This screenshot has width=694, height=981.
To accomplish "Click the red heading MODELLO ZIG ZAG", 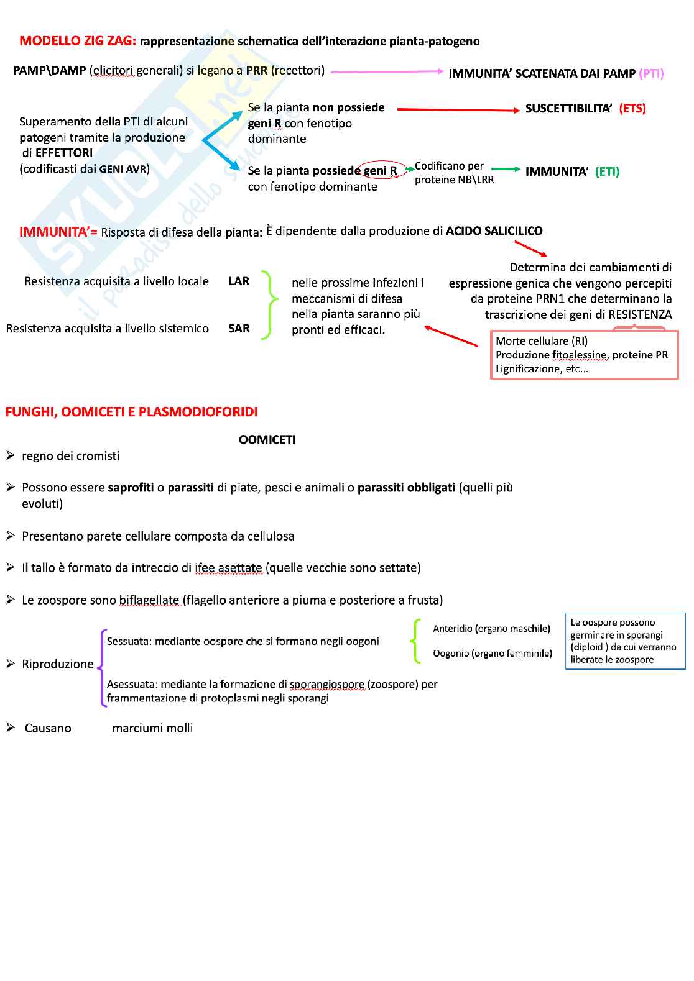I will (x=77, y=41).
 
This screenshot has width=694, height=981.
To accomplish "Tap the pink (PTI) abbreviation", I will (x=651, y=73).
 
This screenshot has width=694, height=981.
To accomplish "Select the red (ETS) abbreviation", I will (x=632, y=109).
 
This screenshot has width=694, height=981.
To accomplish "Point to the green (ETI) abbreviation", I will (x=607, y=171).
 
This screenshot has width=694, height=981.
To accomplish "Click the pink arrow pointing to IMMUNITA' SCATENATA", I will (x=387, y=72).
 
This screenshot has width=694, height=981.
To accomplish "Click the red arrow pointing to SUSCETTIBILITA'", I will (x=458, y=110).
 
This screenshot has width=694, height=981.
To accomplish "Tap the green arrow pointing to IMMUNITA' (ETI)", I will (x=506, y=169).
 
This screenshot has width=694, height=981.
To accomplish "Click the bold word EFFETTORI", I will (x=64, y=153).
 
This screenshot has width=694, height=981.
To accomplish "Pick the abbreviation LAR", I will (x=239, y=281).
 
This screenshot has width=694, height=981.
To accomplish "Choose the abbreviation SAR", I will (x=239, y=329).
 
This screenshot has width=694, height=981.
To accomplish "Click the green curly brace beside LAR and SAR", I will (x=269, y=304).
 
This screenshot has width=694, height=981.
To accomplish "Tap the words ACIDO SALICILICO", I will (x=494, y=231).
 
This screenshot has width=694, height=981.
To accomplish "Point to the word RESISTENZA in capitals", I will (x=640, y=314).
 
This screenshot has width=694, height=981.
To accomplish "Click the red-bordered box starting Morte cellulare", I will (x=584, y=355).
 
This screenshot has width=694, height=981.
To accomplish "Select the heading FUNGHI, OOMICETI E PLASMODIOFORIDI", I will (x=131, y=412).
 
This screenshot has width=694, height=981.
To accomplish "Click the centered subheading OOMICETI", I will (x=267, y=440).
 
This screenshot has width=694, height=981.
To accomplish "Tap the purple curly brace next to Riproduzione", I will (x=103, y=668).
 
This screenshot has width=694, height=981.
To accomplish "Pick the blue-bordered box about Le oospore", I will (x=625, y=641).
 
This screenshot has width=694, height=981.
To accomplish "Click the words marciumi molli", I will (x=152, y=728).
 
